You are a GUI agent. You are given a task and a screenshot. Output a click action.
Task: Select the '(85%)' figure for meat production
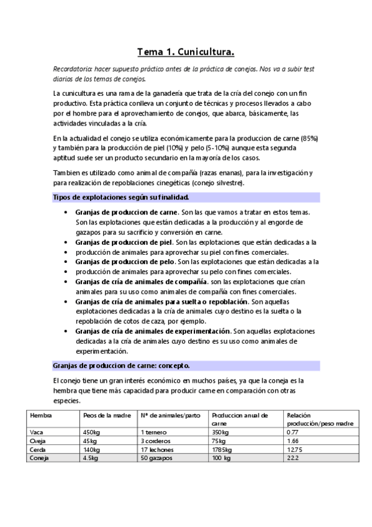[x=307, y=137]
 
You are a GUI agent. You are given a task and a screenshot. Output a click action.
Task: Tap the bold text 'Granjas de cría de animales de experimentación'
[x=153, y=331]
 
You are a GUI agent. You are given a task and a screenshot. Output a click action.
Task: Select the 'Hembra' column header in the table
[x=41, y=415]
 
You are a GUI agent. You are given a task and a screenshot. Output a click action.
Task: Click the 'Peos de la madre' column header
[x=104, y=415]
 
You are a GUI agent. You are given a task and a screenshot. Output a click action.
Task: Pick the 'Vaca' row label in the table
[x=36, y=431]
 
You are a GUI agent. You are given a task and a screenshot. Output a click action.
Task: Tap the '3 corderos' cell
[x=156, y=440]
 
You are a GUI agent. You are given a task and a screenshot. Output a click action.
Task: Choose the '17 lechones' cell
[x=157, y=449]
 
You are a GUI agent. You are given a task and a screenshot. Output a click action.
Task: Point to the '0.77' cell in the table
[x=293, y=431]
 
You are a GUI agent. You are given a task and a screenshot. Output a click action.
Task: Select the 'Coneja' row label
[x=39, y=457]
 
